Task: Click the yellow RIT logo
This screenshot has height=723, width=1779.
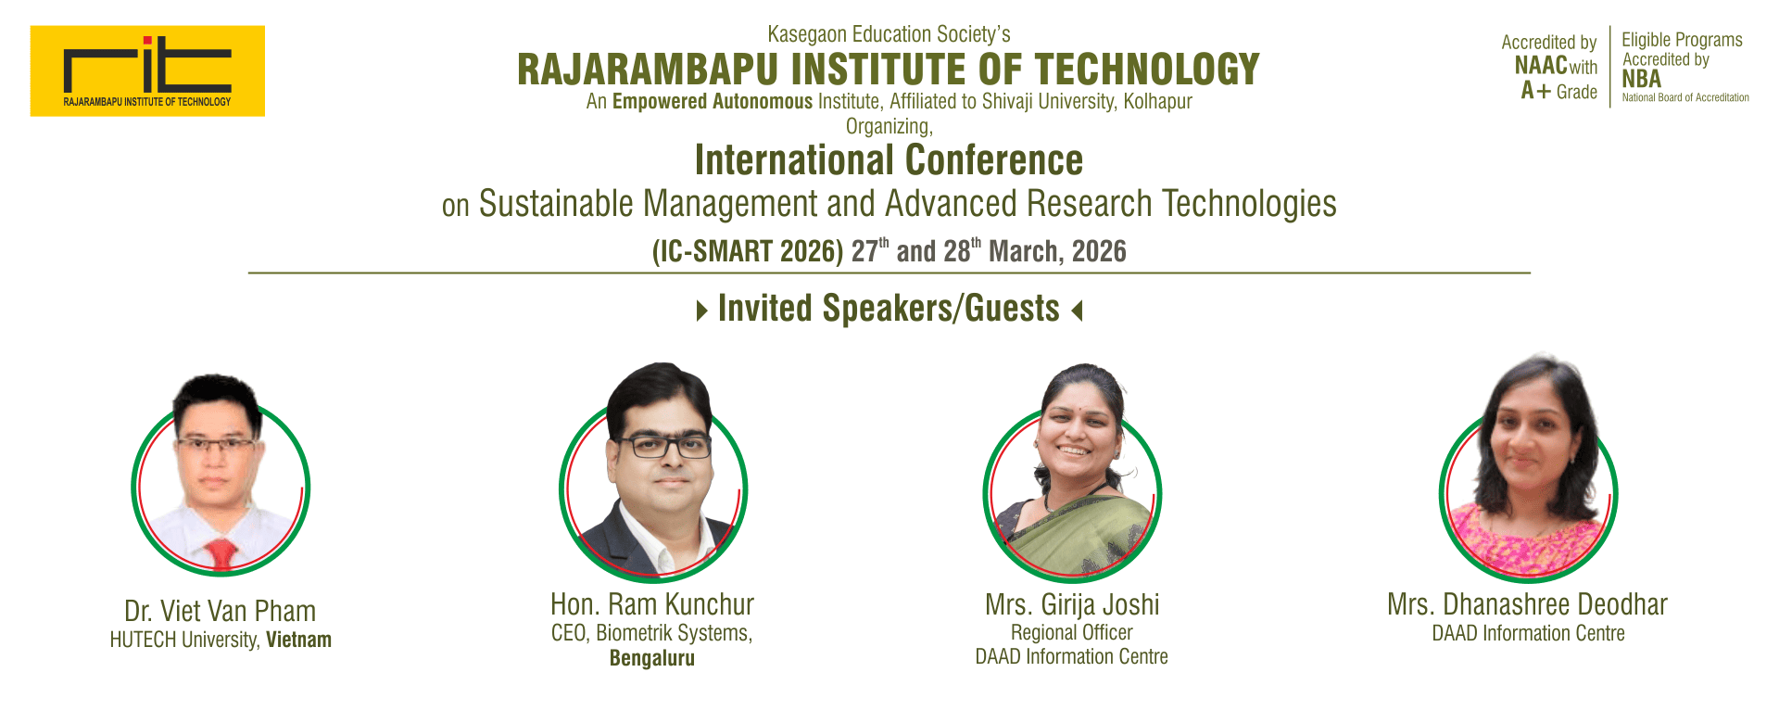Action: [x=147, y=70]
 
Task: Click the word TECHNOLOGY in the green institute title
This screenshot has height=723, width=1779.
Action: [x=1147, y=70]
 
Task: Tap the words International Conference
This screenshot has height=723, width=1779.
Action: [x=889, y=160]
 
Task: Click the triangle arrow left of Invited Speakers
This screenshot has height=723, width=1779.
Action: [x=702, y=310]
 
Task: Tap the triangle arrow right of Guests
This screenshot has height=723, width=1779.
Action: [x=1077, y=310]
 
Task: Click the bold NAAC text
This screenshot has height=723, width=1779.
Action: [x=1541, y=65]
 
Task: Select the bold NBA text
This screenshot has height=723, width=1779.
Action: [x=1641, y=80]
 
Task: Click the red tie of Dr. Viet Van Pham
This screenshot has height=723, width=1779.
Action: [x=221, y=554]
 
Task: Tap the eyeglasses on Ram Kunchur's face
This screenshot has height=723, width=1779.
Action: [x=664, y=446]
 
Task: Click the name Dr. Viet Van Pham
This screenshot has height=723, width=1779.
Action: [x=221, y=612]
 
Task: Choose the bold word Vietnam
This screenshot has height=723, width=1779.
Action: [x=298, y=640]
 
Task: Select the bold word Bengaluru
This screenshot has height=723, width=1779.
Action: [x=652, y=658]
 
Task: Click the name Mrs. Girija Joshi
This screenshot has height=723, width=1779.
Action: [x=1072, y=605]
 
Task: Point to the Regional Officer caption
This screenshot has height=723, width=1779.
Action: [x=1072, y=633]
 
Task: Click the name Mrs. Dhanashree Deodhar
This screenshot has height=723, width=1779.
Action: [x=1527, y=605]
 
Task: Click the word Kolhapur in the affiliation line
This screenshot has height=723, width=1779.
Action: [x=1157, y=101]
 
